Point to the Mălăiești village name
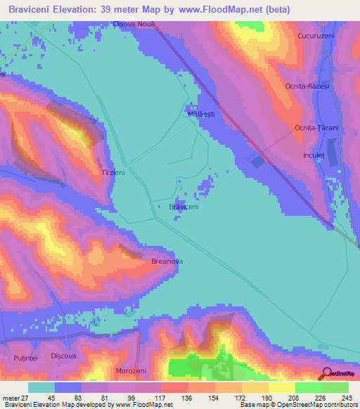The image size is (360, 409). click(201, 112)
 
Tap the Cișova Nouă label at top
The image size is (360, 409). click(134, 23)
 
